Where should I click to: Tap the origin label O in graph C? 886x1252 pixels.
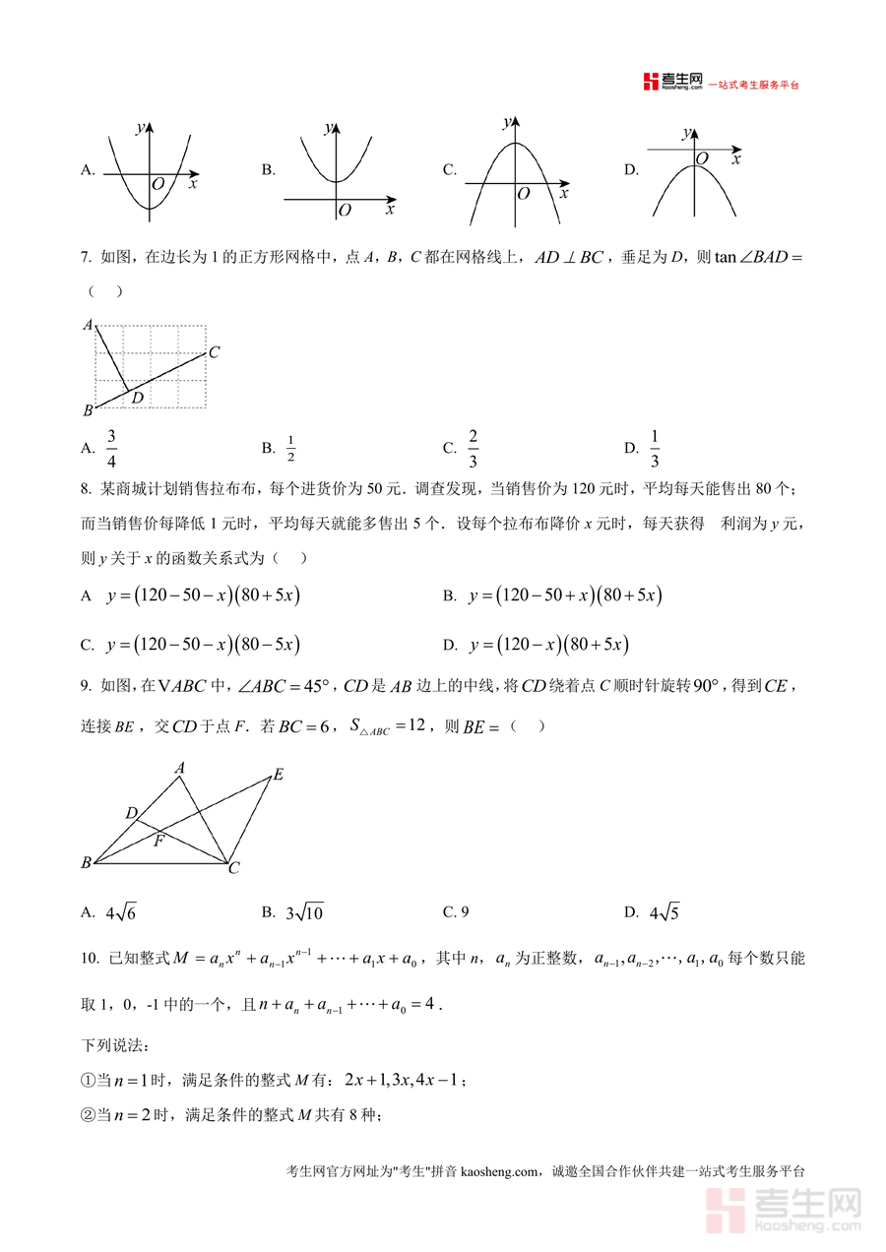pyautogui.click(x=524, y=194)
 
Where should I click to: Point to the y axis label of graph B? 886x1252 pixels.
pyautogui.click(x=328, y=127)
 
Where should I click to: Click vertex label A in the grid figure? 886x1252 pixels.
pyautogui.click(x=88, y=324)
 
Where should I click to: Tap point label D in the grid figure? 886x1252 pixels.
pyautogui.click(x=138, y=398)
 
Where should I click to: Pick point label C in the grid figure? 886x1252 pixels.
pyautogui.click(x=214, y=351)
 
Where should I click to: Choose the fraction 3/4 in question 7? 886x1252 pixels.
pyautogui.click(x=112, y=448)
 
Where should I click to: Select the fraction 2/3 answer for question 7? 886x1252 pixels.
pyautogui.click(x=474, y=448)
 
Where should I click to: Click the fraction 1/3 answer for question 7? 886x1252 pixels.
pyautogui.click(x=655, y=448)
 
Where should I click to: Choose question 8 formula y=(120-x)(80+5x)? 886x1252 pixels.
pyautogui.click(x=548, y=645)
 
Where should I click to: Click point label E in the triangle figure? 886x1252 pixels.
pyautogui.click(x=279, y=775)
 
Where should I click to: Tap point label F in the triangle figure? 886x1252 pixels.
pyautogui.click(x=158, y=842)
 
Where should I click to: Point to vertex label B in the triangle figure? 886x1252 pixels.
pyautogui.click(x=87, y=863)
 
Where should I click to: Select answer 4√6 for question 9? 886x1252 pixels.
pyautogui.click(x=121, y=912)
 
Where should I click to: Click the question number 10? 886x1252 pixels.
pyautogui.click(x=90, y=958)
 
